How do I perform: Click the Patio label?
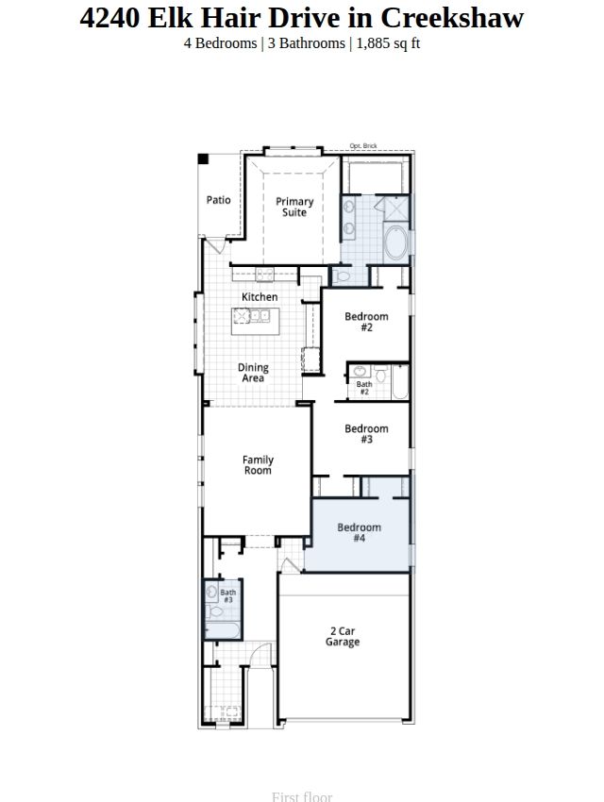click(218, 200)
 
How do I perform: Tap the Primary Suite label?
click(294, 207)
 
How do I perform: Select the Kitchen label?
click(260, 296)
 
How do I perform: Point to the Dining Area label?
click(253, 373)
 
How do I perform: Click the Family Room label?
click(258, 465)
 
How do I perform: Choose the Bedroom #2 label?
click(367, 322)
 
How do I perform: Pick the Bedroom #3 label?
click(367, 434)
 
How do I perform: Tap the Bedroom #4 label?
click(359, 532)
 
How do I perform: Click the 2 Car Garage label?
click(343, 636)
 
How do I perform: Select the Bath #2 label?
click(364, 388)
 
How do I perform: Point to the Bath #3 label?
click(228, 596)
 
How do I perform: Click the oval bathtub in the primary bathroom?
click(396, 242)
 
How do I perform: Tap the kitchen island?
click(255, 321)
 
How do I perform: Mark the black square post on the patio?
click(203, 159)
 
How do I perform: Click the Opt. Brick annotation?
click(363, 145)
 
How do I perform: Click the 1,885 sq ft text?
click(388, 43)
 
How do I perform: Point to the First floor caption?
click(302, 796)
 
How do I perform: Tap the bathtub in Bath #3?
click(223, 629)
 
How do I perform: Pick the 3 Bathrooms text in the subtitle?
click(307, 43)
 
